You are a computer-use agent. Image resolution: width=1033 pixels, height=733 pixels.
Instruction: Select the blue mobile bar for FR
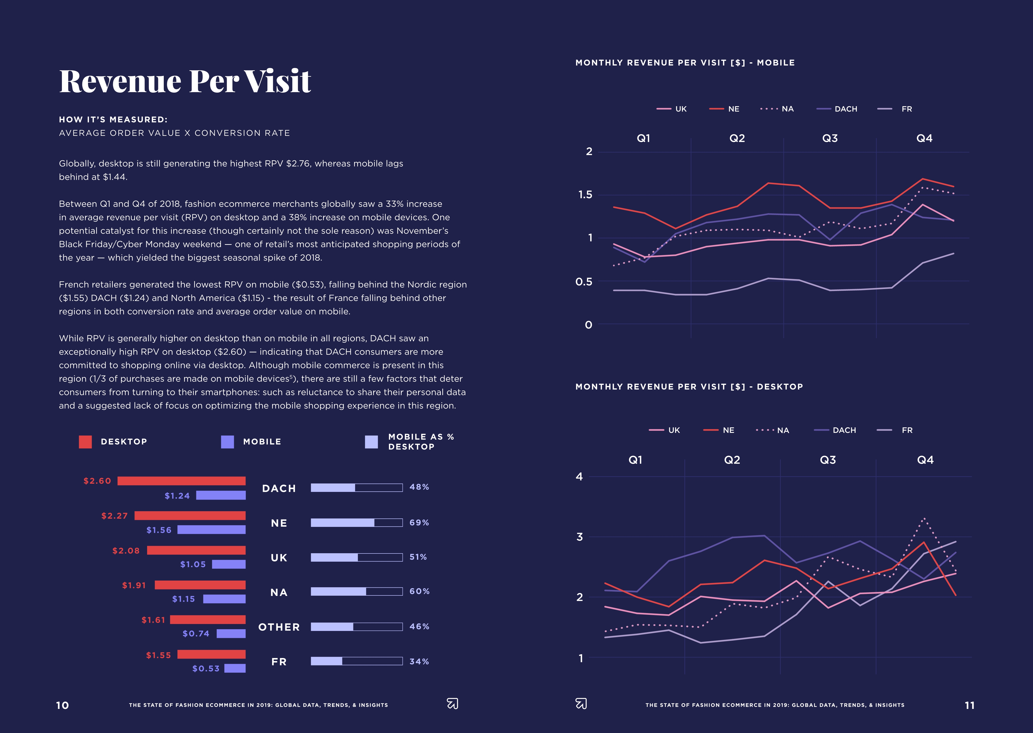coord(235,668)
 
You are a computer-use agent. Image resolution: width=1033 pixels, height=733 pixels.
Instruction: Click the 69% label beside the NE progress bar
coord(419,523)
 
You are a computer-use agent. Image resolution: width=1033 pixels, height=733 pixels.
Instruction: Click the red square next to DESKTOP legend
coord(85,442)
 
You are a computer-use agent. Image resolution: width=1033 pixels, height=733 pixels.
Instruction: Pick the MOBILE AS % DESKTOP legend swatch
coord(371,442)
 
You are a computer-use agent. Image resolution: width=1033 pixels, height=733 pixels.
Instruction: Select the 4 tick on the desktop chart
coord(579,477)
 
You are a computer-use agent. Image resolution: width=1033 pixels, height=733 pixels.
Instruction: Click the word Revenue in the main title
coord(120,82)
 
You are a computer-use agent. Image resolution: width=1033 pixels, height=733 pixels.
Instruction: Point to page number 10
coord(62,705)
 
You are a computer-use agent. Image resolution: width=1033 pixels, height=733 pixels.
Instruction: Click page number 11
coord(969,705)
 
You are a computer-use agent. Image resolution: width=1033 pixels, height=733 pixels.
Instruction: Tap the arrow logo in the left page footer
coord(452,704)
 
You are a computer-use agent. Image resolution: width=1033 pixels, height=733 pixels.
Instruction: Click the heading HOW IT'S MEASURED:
coord(113,120)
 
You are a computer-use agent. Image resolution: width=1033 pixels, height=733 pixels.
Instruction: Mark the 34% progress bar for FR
coord(356,661)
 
